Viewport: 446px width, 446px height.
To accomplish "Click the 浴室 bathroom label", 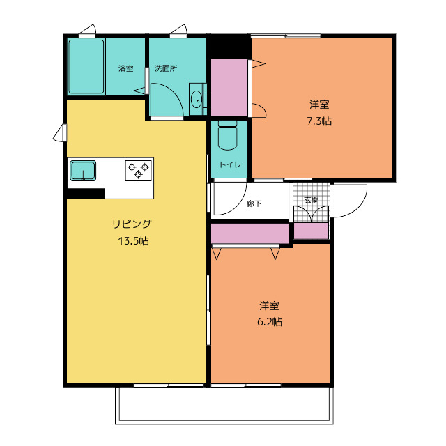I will [x=125, y=68].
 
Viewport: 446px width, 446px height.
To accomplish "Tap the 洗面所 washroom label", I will [x=165, y=68].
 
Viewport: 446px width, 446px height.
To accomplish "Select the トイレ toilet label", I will [x=230, y=165].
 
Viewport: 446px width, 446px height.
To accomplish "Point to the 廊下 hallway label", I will [x=254, y=204].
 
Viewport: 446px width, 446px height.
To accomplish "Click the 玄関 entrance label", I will [x=312, y=200].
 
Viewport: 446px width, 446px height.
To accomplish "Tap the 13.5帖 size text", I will [x=132, y=241].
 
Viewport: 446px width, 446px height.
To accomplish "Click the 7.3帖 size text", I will [x=319, y=121].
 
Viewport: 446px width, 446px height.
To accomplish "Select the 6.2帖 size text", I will [x=270, y=322].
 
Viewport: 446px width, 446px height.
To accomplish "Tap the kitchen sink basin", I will [x=83, y=170].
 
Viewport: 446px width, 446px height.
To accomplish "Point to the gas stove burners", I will [x=138, y=169].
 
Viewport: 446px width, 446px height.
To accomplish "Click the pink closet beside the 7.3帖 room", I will [x=229, y=88].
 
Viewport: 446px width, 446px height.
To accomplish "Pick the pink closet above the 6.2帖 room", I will [x=250, y=233].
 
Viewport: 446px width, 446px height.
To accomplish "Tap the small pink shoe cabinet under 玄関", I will [x=311, y=231].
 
